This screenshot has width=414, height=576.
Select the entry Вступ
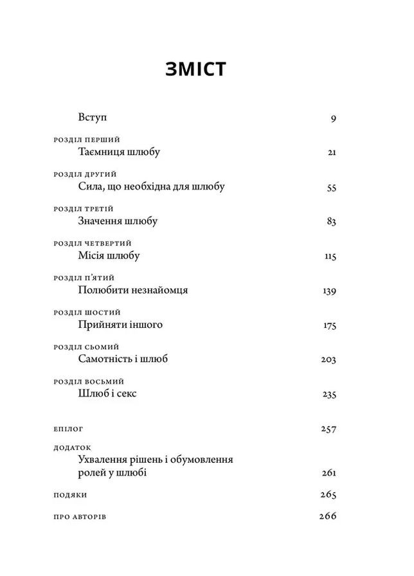pos(92,118)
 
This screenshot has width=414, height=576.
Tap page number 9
pos(334,118)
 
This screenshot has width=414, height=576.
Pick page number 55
pos(332,188)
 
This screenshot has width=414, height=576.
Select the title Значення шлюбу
pos(117,221)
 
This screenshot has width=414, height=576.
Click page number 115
pos(330,256)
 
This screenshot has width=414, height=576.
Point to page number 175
pos(330,325)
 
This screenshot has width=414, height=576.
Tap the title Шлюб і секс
pos(107,393)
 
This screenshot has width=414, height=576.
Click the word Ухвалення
pos(104,460)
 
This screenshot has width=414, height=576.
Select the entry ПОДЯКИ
pos(68,496)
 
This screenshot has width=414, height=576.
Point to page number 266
pos(328,516)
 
